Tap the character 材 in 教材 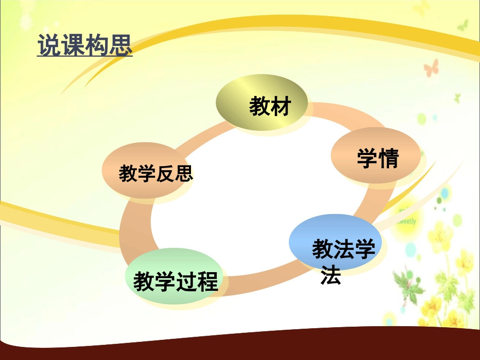[281, 107]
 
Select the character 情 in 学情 [389, 159]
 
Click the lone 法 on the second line [331, 275]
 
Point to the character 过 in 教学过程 [186, 282]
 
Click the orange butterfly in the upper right [431, 68]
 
